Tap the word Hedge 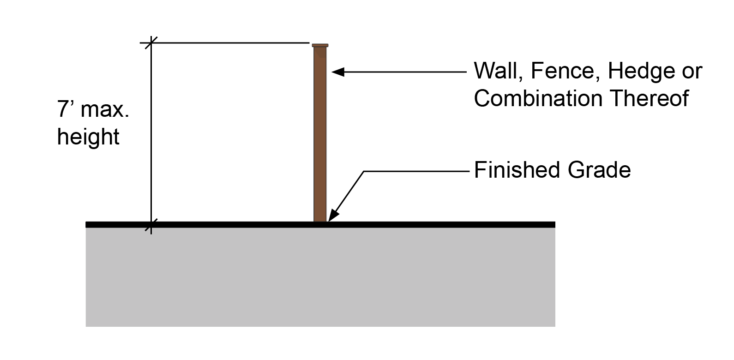tap(641, 71)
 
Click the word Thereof tap(650, 98)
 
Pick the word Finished tap(517, 170)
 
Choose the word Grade tap(599, 170)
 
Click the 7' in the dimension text tap(65, 109)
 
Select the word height tap(88, 137)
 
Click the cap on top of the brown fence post tap(320, 45)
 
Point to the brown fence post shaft tap(320, 134)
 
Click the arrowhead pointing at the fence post tap(338, 72)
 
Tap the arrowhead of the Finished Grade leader tap(333, 215)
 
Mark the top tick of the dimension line tap(151, 43)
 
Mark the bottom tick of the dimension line tap(151, 225)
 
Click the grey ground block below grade tap(320, 277)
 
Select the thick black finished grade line tap(320, 225)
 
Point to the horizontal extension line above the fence tap(225, 43)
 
